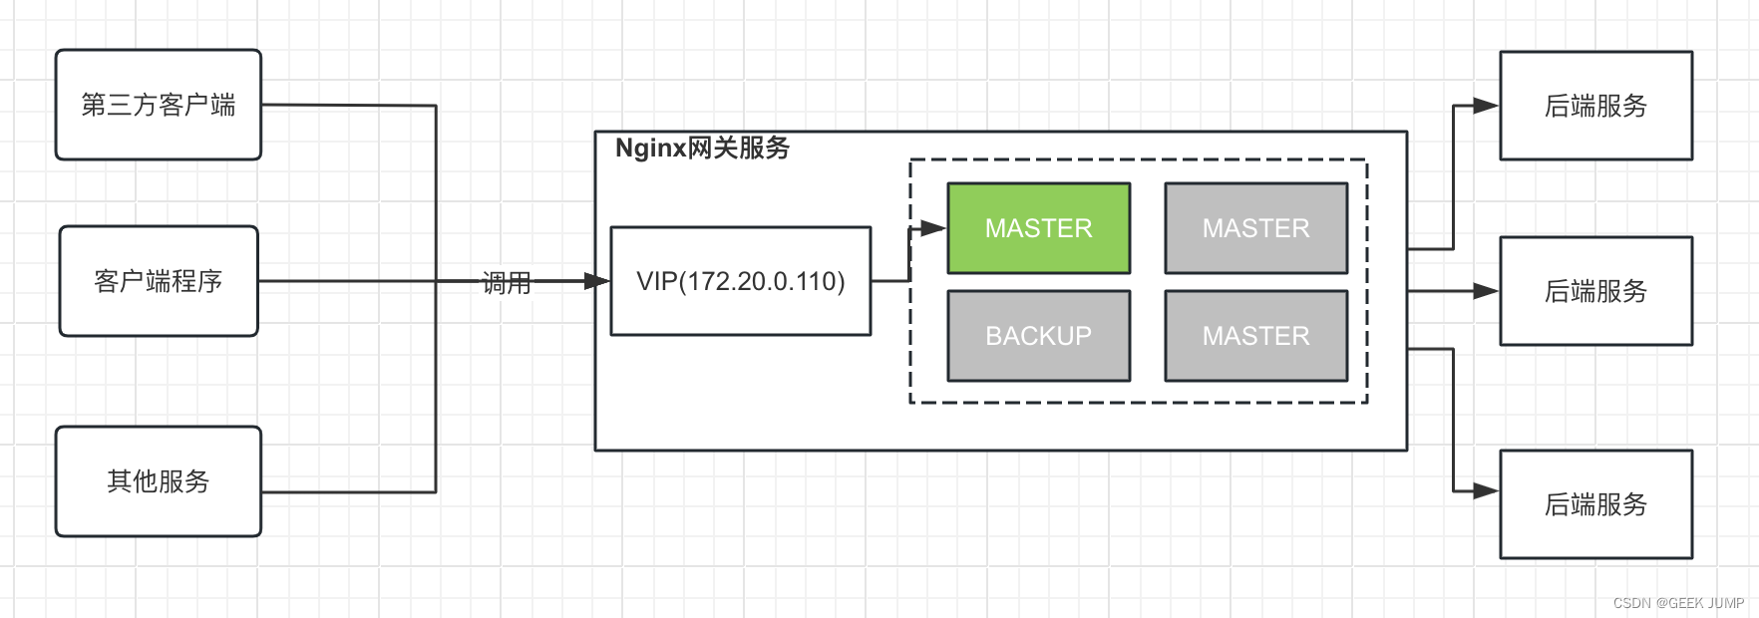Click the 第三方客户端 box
coord(158,105)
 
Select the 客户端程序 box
coord(158,281)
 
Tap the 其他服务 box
coord(158,481)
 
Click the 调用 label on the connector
coord(507,283)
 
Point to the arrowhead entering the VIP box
coord(597,281)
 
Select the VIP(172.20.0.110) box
coord(740,281)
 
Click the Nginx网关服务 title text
coord(702,148)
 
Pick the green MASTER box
coord(1038,228)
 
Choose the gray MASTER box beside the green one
coord(1255,228)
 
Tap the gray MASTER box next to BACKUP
coord(1255,336)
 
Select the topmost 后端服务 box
coord(1595,106)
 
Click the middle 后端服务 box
coord(1595,291)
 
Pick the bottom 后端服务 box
coord(1595,504)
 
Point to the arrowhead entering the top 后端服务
coord(1487,106)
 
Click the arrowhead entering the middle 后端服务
coord(1487,291)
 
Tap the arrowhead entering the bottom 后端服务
coord(1487,490)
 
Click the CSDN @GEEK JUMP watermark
coord(1678,603)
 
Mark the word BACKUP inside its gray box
coord(1038,336)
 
